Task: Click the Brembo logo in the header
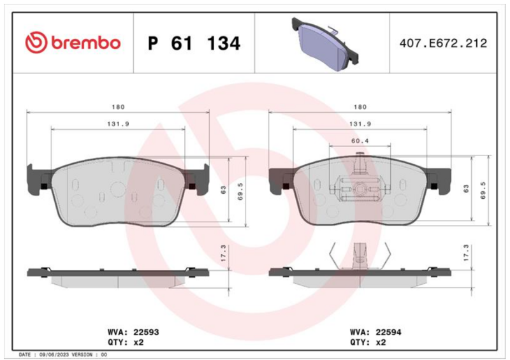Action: (x=73, y=43)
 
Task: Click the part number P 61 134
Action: (x=194, y=43)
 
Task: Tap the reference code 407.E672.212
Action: (x=443, y=43)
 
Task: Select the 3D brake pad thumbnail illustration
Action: (x=325, y=44)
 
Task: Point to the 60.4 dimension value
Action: (x=360, y=141)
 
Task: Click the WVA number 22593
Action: (x=146, y=332)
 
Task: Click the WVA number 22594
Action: (x=388, y=332)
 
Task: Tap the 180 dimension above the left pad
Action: (x=118, y=107)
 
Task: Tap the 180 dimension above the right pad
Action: (x=360, y=107)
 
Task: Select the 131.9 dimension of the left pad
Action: (x=118, y=124)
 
